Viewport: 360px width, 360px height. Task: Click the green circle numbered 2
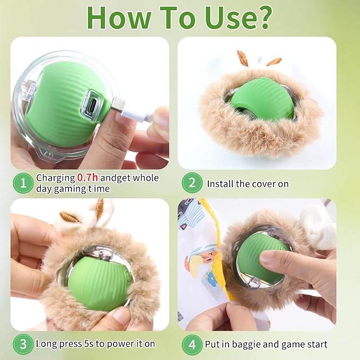point(192,183)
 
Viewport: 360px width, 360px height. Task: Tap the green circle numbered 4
point(192,344)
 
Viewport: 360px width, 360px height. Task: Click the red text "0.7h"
point(88,178)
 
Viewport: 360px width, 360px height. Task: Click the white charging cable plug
point(124,107)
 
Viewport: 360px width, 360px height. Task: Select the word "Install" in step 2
point(220,184)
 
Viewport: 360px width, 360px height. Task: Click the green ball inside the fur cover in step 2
point(261,98)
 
